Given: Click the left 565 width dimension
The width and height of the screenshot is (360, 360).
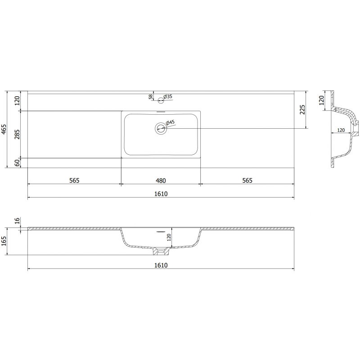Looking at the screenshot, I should (x=74, y=180).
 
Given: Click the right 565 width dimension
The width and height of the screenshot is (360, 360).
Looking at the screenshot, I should (x=247, y=180).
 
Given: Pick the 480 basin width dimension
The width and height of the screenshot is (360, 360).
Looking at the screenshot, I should (x=161, y=180).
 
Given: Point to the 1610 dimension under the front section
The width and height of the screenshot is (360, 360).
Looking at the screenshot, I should (x=161, y=265).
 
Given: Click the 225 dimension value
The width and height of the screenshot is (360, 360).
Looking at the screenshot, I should (x=302, y=110).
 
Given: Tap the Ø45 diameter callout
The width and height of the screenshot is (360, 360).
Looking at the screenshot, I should (x=170, y=123).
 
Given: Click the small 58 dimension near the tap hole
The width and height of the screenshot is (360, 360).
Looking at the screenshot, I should (x=150, y=97).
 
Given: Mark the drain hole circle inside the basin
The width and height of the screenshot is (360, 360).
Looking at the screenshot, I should (x=161, y=129).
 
